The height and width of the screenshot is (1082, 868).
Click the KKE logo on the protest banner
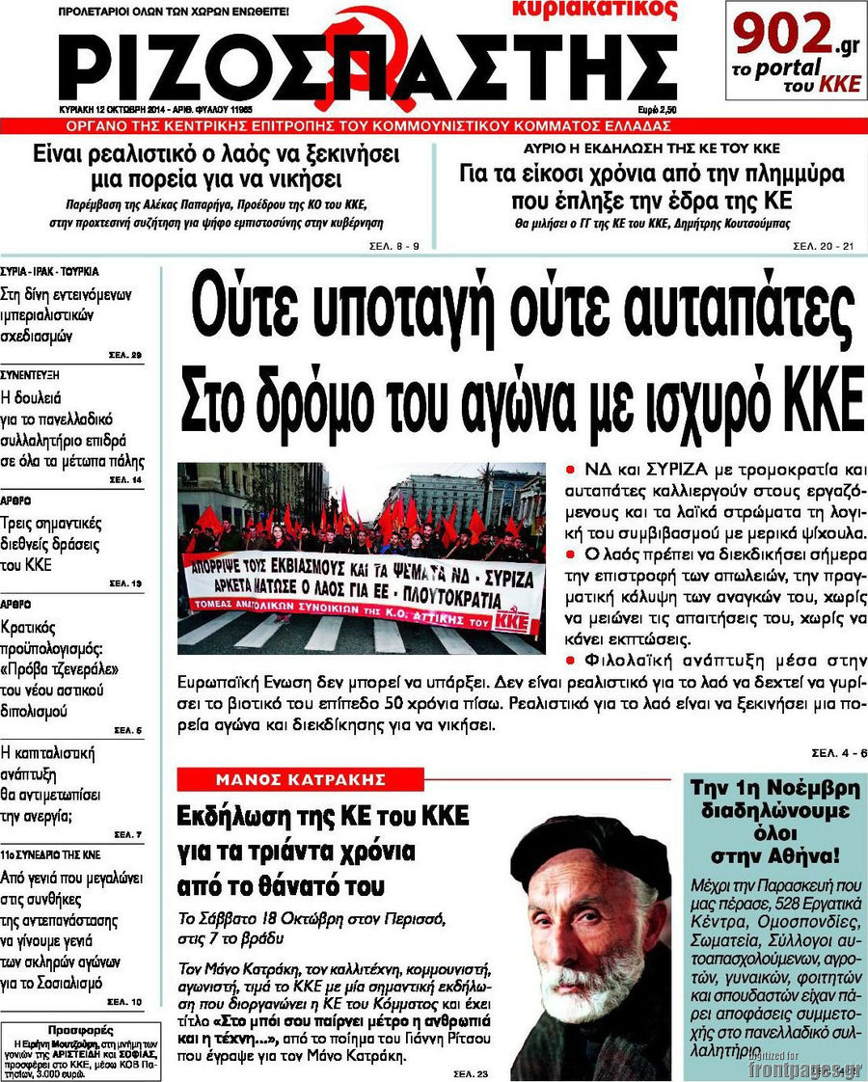coord(517,621)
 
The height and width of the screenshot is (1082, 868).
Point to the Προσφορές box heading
coord(73,1029)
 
